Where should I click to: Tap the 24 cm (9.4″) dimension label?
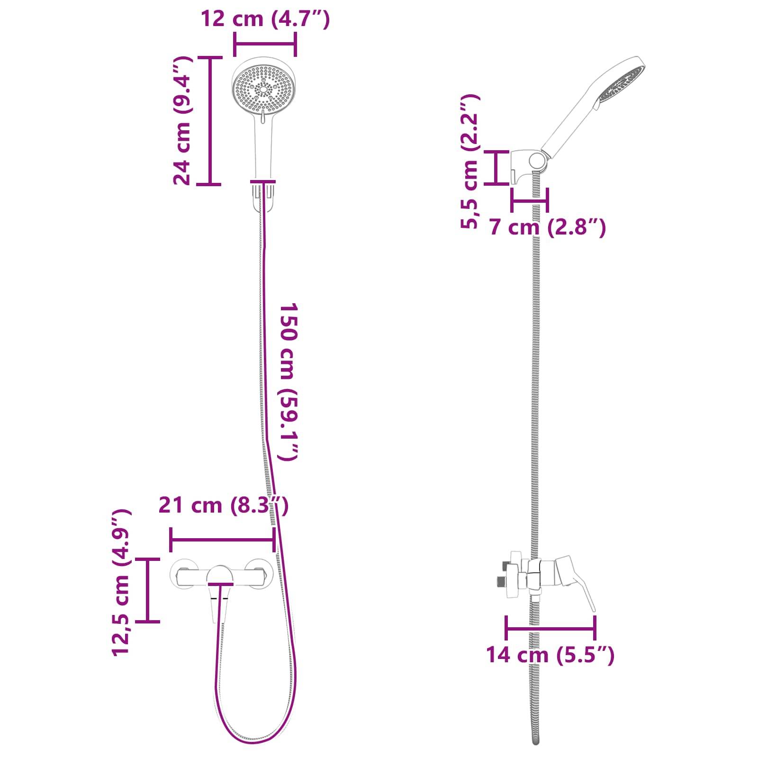coord(182,121)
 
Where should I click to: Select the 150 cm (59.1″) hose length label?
coord(288,381)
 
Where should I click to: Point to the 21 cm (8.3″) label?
coord(223,505)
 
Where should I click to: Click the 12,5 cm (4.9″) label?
coord(121,583)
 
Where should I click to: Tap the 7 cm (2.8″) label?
coord(547,227)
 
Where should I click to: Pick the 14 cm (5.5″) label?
coord(550,655)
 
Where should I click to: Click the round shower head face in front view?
coord(262,88)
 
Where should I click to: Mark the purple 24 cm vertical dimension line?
coord(210,121)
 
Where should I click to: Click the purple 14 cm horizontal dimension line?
coord(550,629)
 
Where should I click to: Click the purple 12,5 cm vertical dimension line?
coord(147,590)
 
